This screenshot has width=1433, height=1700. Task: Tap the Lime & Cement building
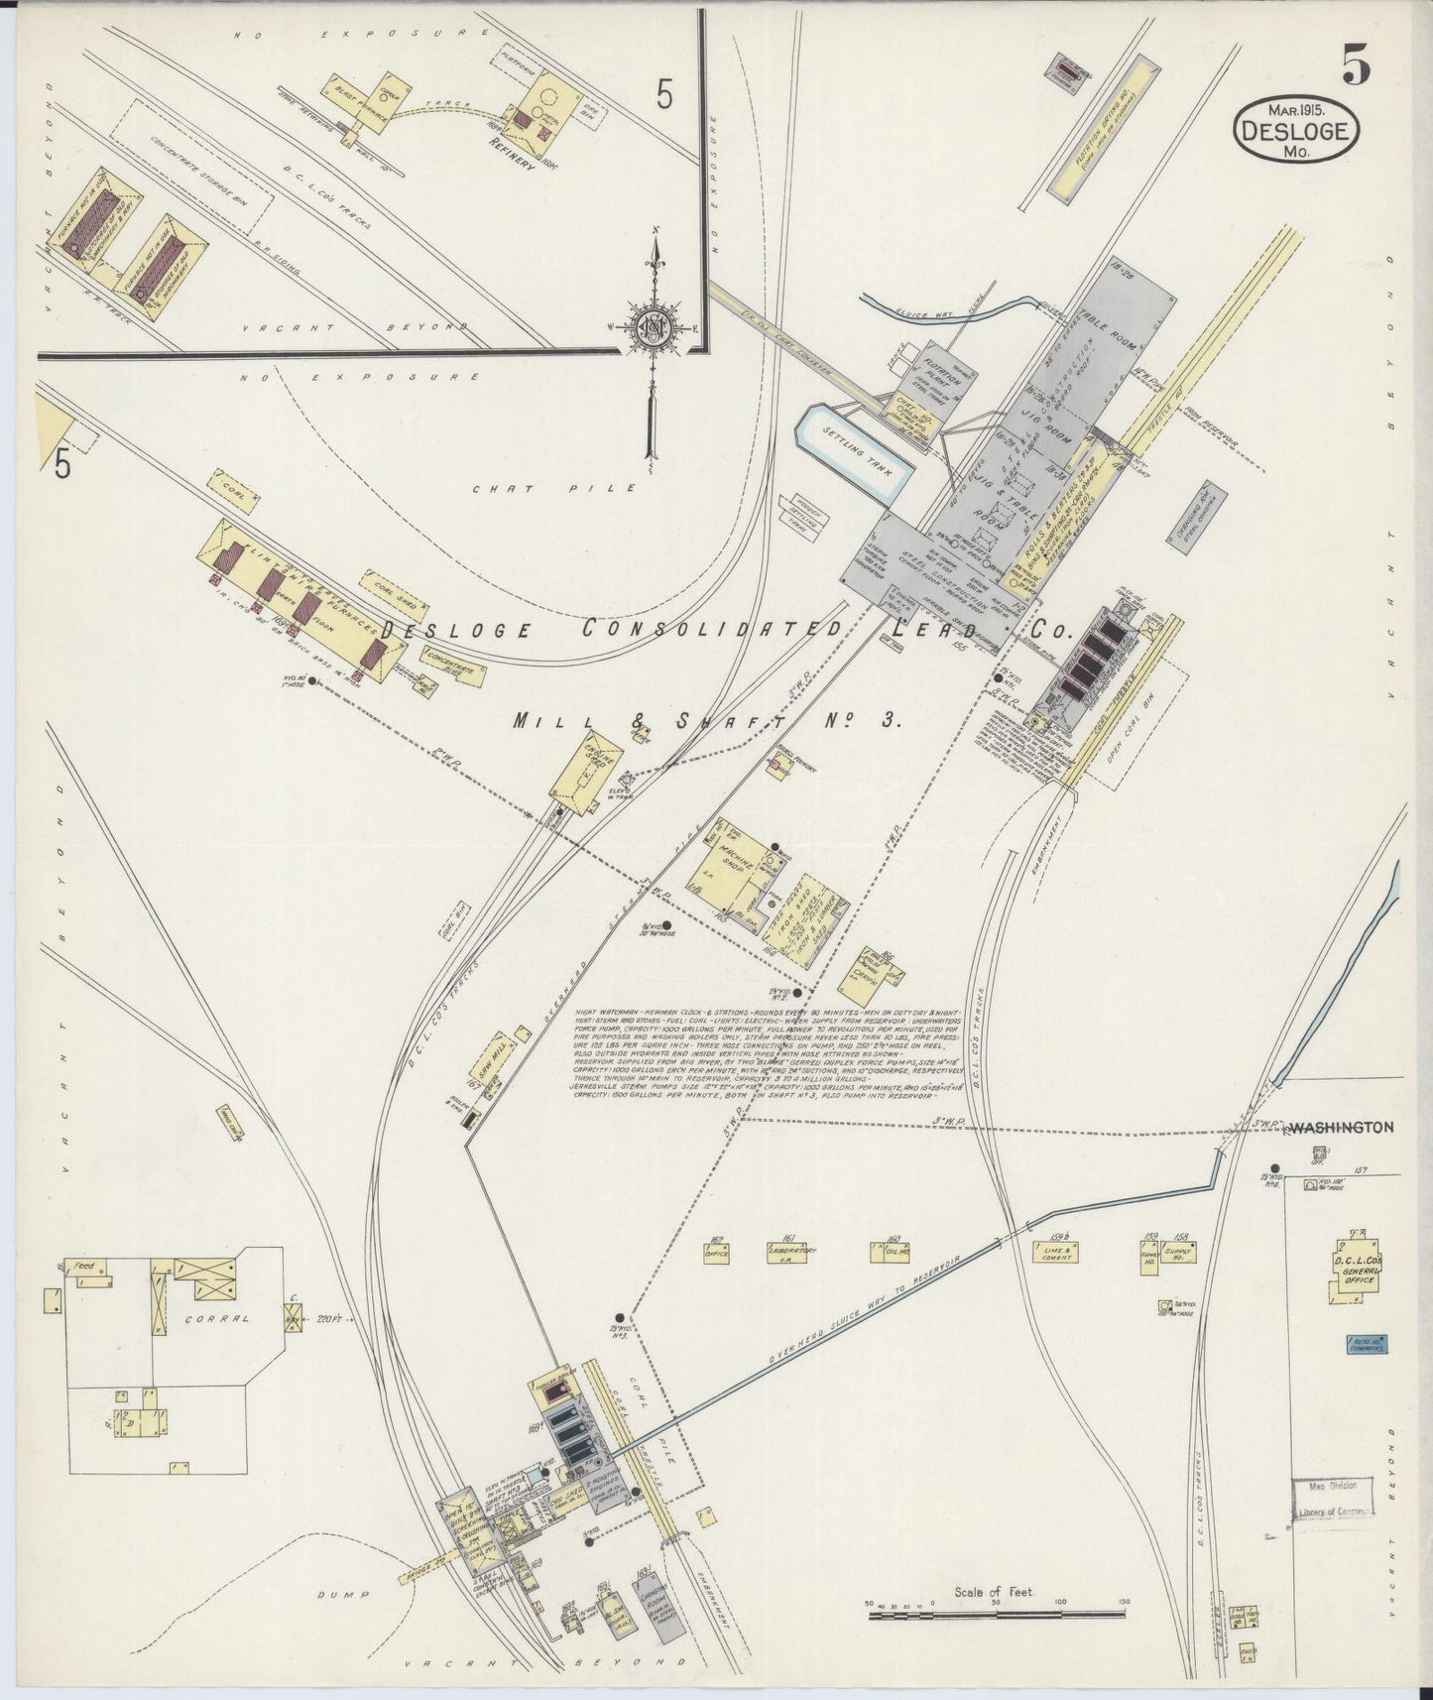point(1055,1253)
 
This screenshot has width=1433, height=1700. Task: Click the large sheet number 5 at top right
point(1357,66)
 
